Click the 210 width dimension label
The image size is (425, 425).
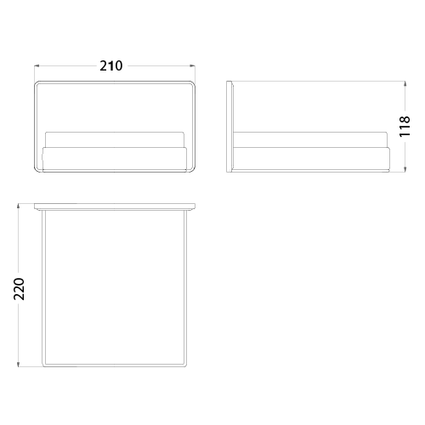pos(111,65)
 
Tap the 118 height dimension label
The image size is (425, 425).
pos(405,127)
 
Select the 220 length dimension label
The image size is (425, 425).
pos(20,289)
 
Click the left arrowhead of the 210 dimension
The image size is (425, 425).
pos(37,66)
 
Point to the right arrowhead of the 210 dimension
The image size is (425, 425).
pos(193,66)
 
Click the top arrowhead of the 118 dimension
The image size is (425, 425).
pos(405,83)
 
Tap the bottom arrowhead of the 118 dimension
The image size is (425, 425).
pos(405,169)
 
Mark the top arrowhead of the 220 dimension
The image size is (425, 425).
pos(19,206)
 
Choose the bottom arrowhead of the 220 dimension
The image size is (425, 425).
pos(19,365)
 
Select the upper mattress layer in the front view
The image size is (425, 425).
pos(115,139)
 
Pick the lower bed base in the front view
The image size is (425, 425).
pos(115,159)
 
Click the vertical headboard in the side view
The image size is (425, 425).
pos(229,127)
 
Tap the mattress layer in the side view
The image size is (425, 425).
pos(309,139)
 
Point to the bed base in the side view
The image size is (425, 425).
pos(311,159)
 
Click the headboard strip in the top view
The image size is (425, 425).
pos(115,207)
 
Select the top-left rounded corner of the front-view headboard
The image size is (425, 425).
pos(37,83)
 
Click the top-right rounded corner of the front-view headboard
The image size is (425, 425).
pos(193,83)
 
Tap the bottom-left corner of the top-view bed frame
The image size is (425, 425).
pos(43,365)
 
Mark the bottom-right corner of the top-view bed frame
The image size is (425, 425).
pos(185,365)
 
